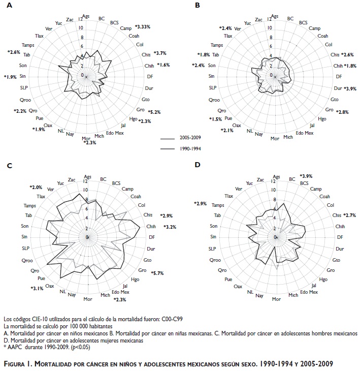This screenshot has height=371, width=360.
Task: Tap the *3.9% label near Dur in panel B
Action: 350,89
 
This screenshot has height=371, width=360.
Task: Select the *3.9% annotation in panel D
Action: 307,176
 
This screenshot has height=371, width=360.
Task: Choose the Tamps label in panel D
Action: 218,205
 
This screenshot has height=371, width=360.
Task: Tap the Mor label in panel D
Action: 276,299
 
